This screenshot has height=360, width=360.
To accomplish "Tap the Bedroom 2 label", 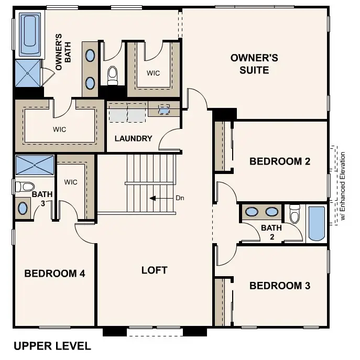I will click(x=280, y=161).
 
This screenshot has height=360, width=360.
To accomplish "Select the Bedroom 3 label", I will click(x=280, y=286).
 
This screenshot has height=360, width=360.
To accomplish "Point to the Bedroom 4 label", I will click(x=54, y=273).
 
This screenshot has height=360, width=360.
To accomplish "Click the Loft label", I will click(x=155, y=270).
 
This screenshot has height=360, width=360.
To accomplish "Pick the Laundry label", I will click(x=134, y=138).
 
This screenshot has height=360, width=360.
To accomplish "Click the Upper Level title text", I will click(x=52, y=346).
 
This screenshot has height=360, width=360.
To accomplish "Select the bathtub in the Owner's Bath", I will click(x=30, y=35).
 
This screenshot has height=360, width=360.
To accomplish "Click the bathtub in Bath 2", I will click(x=317, y=224).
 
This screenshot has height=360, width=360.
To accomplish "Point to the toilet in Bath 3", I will click(x=24, y=186).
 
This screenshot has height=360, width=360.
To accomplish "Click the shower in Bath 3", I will click(x=35, y=165).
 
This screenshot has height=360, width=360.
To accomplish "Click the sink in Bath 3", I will click(x=23, y=208).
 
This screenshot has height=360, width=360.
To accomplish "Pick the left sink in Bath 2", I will click(x=253, y=212).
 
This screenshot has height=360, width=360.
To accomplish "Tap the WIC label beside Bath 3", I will click(x=71, y=182).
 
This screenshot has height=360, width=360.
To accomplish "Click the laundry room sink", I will click(x=164, y=110).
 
